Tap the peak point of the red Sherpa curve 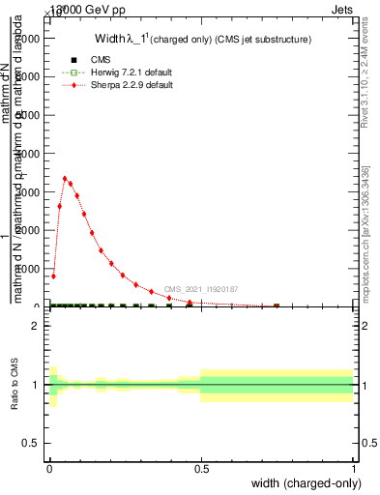(x=65, y=178)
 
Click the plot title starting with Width (x=204, y=40)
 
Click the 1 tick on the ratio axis (x=34, y=385)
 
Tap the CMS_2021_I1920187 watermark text (x=200, y=289)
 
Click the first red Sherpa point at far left (x=53, y=277)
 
